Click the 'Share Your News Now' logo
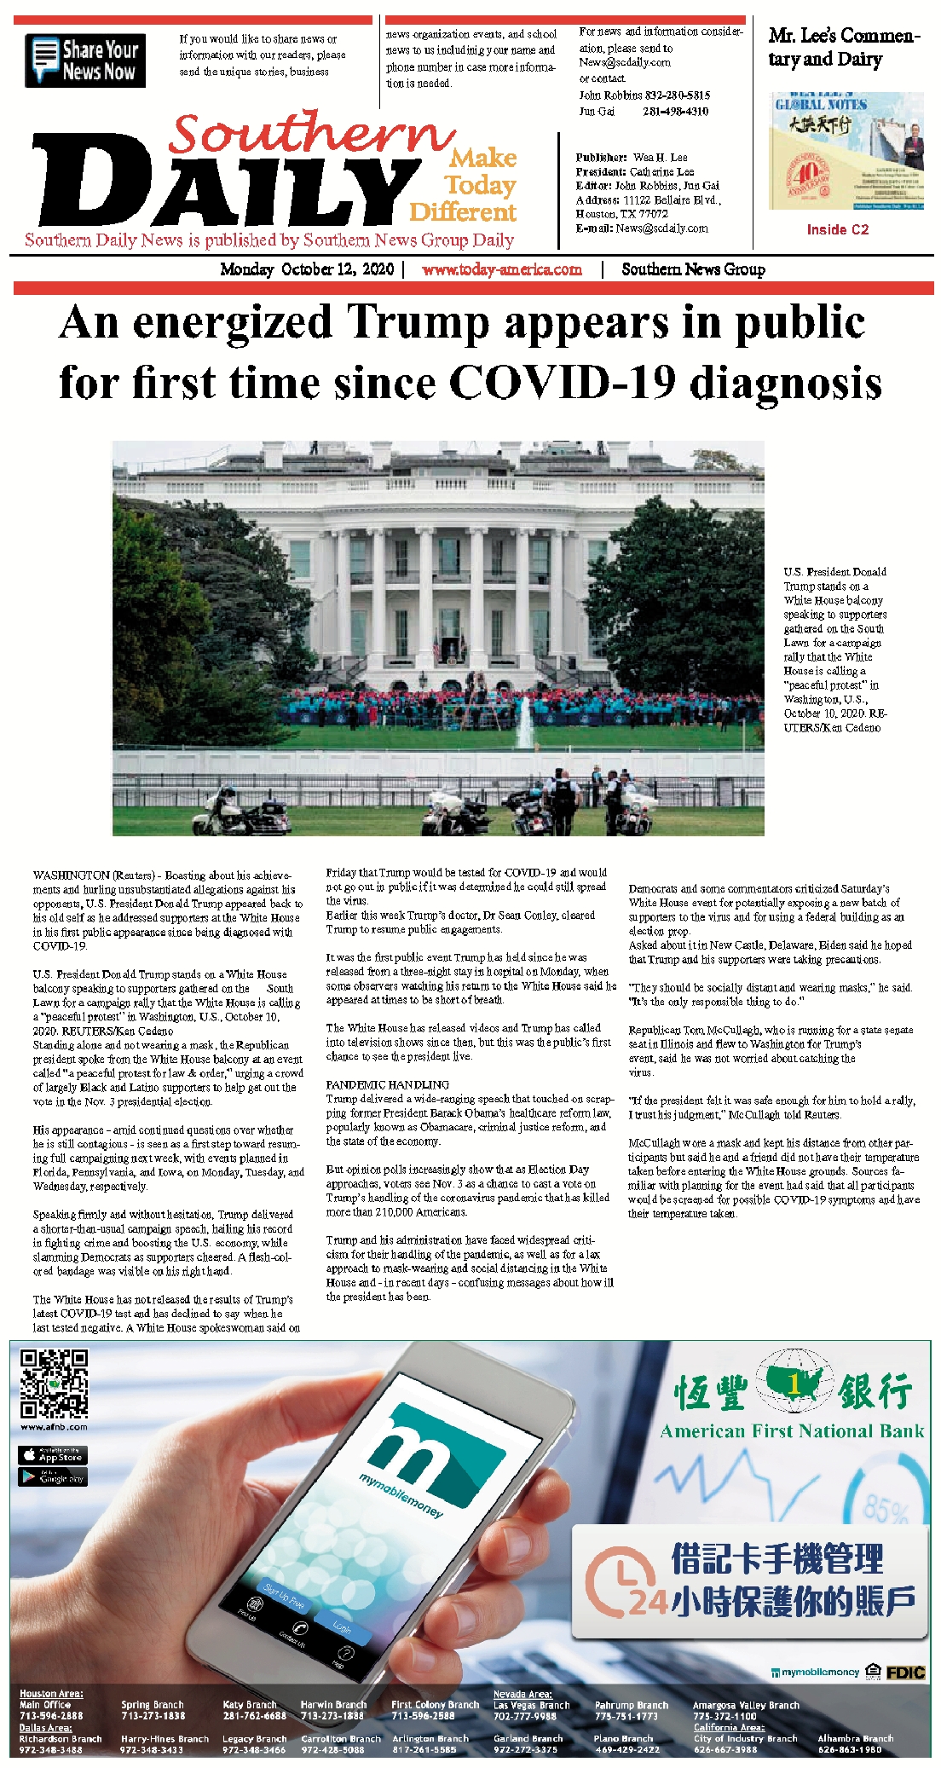pos(85,61)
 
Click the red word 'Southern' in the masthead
pos(312,134)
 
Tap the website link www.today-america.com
pos(501,269)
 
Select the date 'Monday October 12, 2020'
pos(307,269)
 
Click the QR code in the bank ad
pos(54,1383)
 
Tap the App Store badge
pos(53,1454)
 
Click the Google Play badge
pos(53,1476)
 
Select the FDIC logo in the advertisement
pos(905,1673)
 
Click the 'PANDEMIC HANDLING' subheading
pos(387,1084)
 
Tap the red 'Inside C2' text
pos(837,229)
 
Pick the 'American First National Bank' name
pos(792,1431)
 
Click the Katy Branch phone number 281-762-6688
pos(254,1715)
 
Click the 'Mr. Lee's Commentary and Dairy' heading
pos(843,47)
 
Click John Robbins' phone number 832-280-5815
pos(676,95)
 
